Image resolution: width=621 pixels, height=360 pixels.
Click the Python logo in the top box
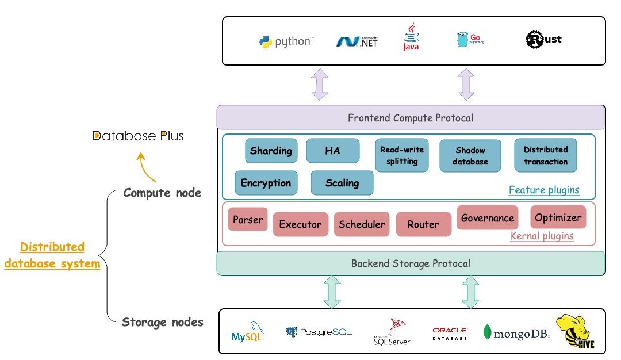point(265,42)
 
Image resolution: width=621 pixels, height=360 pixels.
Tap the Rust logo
point(543,39)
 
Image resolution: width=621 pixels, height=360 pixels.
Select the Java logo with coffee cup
point(411,37)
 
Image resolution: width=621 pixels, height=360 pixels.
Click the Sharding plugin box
point(271,151)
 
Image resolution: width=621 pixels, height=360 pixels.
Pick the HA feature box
point(332,151)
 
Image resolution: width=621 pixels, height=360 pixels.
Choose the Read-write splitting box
point(402,155)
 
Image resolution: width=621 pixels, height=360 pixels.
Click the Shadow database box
point(470,155)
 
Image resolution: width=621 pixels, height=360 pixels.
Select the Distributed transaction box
point(545,155)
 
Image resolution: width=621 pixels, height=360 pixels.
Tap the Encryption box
point(266,183)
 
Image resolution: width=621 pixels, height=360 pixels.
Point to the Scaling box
point(342,183)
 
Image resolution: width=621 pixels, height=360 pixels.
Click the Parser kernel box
point(248,219)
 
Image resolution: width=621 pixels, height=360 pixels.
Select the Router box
point(423,224)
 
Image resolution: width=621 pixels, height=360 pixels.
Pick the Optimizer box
point(558,217)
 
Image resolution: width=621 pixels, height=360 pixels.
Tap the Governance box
point(487,218)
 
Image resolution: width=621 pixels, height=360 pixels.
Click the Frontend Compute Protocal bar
point(411,118)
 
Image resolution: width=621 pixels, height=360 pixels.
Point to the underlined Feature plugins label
point(544,190)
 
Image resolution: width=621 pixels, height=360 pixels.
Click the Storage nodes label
point(162,322)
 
